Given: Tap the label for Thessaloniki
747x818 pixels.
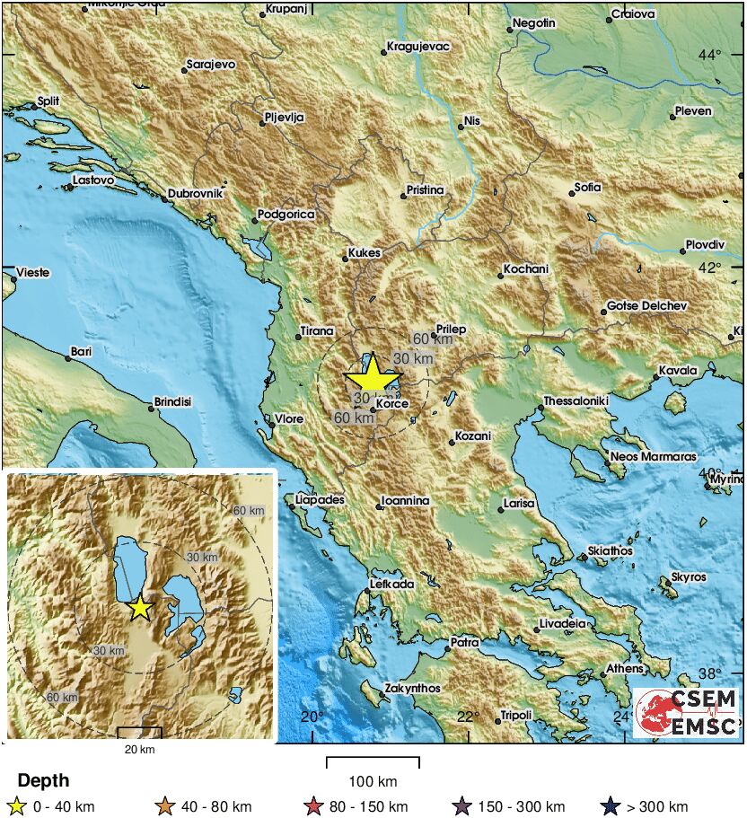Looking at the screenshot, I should (576, 400).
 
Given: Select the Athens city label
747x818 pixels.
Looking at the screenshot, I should (624, 668).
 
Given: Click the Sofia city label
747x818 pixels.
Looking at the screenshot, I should (587, 188).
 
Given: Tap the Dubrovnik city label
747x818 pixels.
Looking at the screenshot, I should (195, 193).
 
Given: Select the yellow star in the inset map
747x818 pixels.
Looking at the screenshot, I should (139, 608).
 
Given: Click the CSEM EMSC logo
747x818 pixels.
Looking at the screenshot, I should (687, 712).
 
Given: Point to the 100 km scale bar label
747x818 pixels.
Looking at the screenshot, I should (373, 781).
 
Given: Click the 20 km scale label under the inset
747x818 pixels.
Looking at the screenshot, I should (139, 749).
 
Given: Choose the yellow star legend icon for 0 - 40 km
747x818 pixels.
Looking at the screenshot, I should (14, 806).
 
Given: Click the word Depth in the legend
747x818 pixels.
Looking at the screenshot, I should (43, 780).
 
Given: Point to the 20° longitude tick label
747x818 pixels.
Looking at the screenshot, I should (312, 717).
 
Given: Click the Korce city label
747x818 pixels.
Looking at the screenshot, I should (392, 404).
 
